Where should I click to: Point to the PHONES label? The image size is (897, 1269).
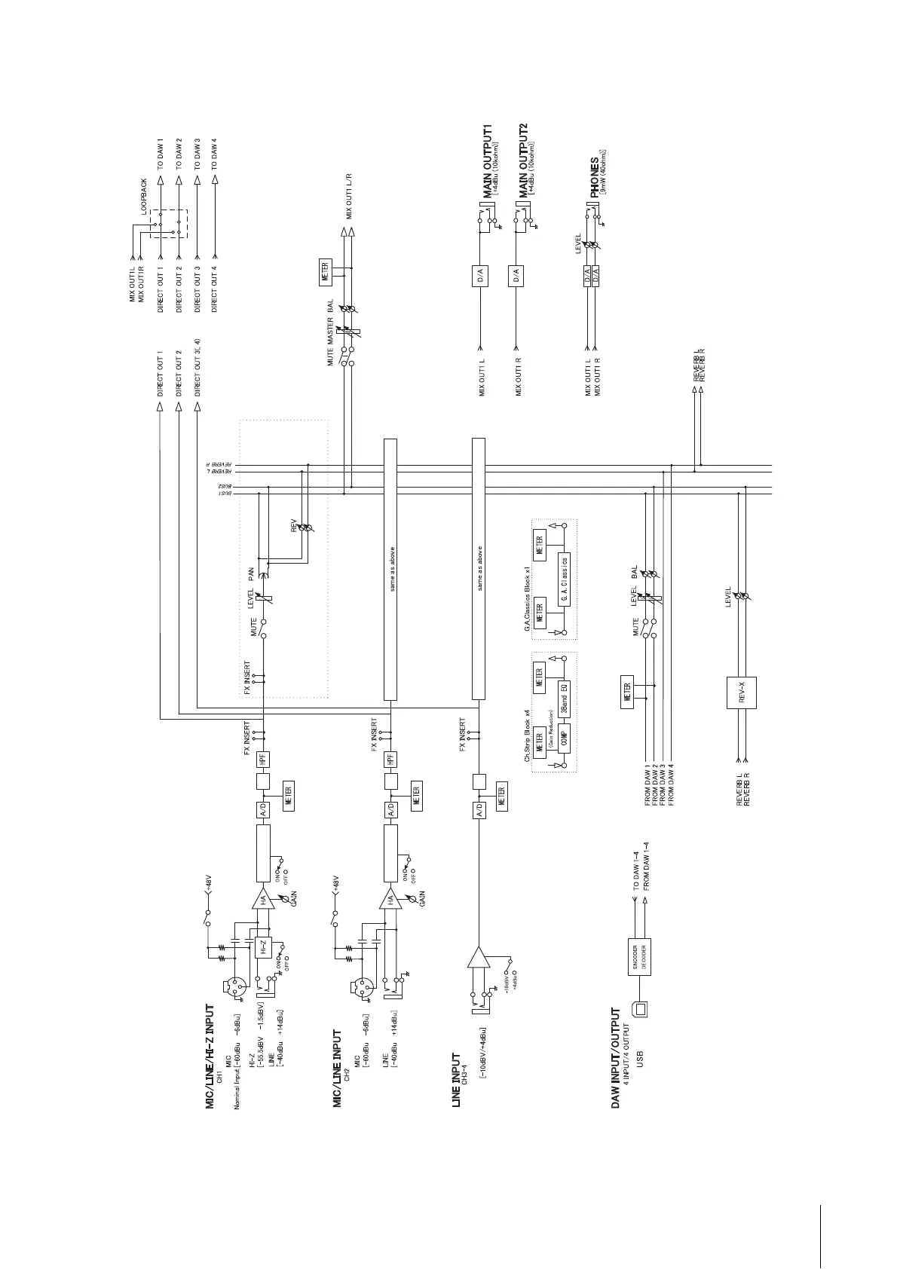click(595, 177)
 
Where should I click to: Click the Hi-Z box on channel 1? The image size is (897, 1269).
click(263, 948)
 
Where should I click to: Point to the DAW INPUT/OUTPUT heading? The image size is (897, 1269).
click(616, 1059)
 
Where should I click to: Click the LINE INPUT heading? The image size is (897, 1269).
click(455, 1081)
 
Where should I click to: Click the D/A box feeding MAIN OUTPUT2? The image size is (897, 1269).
click(516, 276)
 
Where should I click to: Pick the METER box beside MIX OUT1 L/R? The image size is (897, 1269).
click(325, 268)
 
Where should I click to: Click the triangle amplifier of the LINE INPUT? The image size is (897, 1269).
click(478, 957)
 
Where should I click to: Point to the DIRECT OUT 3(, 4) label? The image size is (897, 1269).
click(197, 367)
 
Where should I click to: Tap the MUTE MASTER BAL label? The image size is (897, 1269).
click(330, 332)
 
